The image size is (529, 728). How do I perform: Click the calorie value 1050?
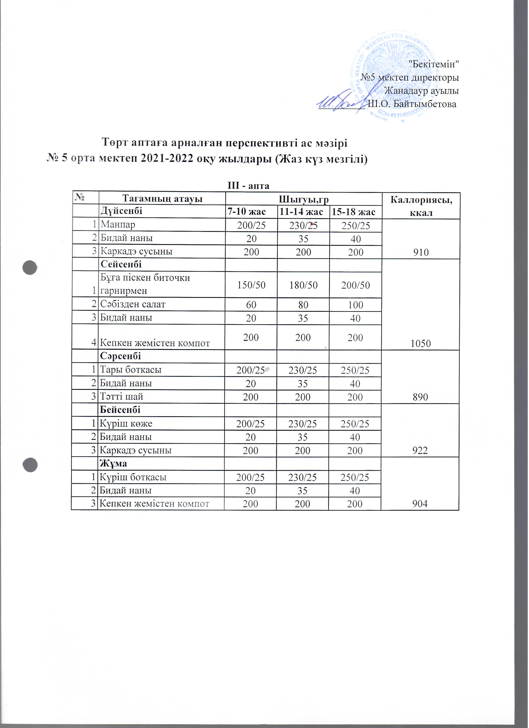click(421, 344)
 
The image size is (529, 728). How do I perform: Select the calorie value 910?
click(421, 252)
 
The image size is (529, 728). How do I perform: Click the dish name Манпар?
click(118, 225)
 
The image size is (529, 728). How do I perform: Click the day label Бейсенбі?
click(120, 410)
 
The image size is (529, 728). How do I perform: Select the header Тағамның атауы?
click(161, 199)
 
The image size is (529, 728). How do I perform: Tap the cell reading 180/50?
click(303, 285)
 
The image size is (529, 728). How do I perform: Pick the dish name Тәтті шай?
click(122, 397)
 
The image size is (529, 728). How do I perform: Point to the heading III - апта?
click(248, 186)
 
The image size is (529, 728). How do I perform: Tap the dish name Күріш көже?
click(126, 424)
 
